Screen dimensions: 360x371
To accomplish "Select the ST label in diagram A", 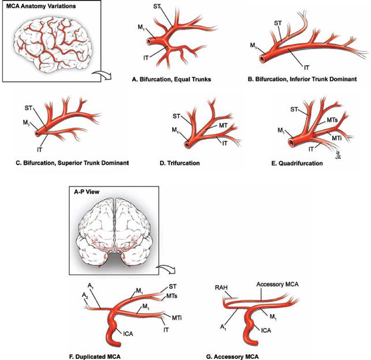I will click(x=157, y=6).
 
